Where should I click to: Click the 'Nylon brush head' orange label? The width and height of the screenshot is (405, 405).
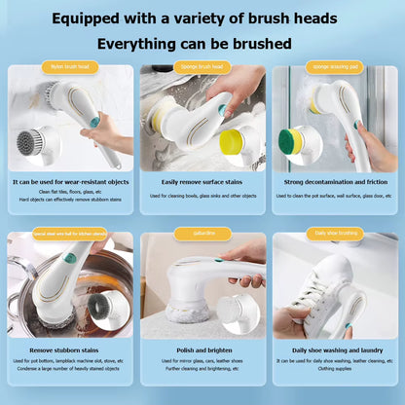click(x=69, y=67)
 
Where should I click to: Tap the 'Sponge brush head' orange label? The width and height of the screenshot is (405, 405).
click(x=202, y=67)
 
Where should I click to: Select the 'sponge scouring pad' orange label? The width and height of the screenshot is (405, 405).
click(x=334, y=67)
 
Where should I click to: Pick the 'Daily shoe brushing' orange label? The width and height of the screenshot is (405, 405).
click(x=334, y=234)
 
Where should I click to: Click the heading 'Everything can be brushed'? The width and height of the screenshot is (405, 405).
click(x=202, y=44)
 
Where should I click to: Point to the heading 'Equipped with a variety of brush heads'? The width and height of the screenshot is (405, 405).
click(x=202, y=18)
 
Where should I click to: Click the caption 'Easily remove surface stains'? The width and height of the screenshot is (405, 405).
click(x=202, y=181)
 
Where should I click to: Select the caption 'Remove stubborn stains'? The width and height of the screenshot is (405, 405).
click(x=69, y=349)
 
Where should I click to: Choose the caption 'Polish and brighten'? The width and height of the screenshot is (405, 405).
click(x=202, y=349)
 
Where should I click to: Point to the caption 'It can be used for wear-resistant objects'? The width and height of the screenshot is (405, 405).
click(x=69, y=181)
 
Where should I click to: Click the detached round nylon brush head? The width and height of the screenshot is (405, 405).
click(x=32, y=142)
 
